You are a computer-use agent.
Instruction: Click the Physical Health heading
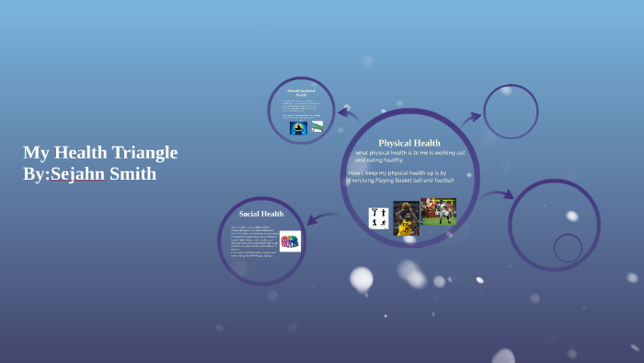[x=409, y=143]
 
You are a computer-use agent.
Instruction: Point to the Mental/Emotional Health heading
[x=301, y=93]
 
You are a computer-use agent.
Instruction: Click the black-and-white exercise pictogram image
[x=378, y=218]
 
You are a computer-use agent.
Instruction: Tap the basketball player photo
[x=406, y=217]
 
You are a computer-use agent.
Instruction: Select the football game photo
[x=438, y=211]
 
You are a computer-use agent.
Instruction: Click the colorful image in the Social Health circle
[x=290, y=241]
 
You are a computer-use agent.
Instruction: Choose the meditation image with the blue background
[x=298, y=128]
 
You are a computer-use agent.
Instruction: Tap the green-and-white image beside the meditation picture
[x=317, y=126]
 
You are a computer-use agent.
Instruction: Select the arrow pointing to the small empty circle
[x=470, y=118]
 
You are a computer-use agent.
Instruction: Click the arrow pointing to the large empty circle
[x=500, y=194]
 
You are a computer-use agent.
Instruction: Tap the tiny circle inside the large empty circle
[x=568, y=247]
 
